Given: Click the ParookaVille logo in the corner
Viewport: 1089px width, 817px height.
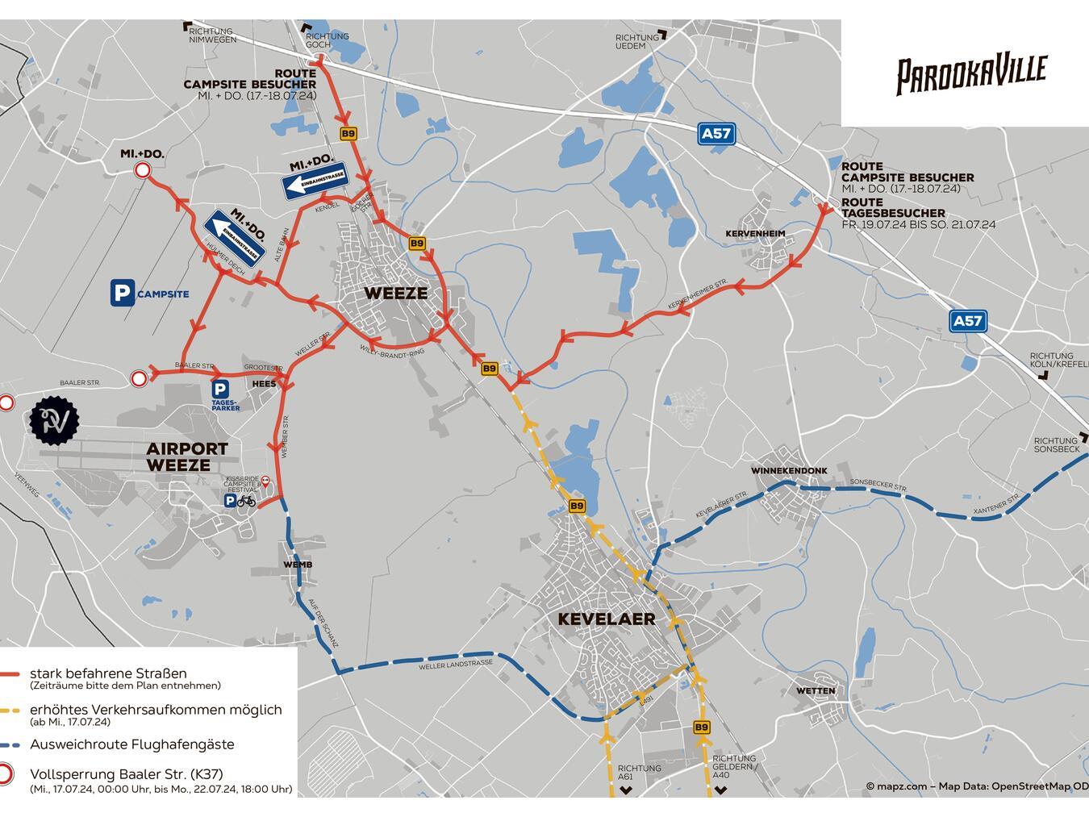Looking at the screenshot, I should point(971,73).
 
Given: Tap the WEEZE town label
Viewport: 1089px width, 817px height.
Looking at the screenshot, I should point(395,293).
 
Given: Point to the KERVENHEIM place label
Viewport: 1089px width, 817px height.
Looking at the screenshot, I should point(755,234).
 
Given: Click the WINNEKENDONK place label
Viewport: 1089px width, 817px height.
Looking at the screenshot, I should point(789,471).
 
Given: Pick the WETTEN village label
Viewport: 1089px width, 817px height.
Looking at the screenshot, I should point(816,691).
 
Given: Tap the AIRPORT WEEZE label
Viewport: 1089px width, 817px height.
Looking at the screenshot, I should point(187,456).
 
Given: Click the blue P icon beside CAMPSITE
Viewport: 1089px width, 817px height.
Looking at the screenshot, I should point(122,294).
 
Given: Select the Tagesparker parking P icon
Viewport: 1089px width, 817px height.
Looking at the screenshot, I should point(219,390).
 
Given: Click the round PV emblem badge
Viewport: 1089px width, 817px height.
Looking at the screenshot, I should point(55,419).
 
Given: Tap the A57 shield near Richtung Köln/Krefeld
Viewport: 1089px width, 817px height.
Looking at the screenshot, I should point(967,321).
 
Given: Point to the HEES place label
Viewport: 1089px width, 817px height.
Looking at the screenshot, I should point(264,384).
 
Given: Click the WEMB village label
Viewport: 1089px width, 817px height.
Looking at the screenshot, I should point(298,565).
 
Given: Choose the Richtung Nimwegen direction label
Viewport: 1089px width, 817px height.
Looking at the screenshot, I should point(212,35).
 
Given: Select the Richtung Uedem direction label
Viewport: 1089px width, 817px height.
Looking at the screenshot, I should point(637,42).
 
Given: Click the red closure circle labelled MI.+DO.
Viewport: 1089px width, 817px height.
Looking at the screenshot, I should point(143,170).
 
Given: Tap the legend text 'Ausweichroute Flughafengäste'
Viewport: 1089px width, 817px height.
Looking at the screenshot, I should point(132,744).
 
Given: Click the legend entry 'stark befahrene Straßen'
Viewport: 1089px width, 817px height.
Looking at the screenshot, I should point(108,673).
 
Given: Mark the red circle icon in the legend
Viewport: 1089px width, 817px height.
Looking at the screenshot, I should point(6,774).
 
